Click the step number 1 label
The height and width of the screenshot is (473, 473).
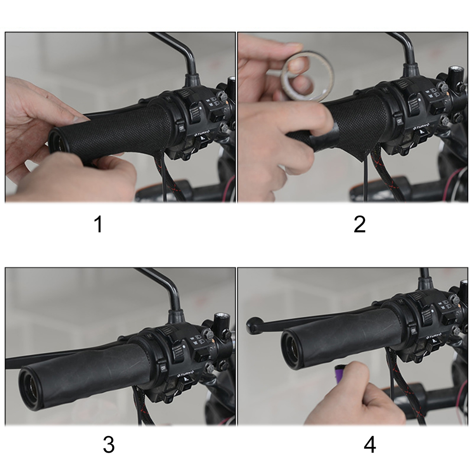[x=98, y=224]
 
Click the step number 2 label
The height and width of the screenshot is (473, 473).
[x=359, y=224]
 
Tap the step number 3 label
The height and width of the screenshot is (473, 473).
[x=108, y=445]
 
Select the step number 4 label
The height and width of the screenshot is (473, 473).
[x=369, y=445]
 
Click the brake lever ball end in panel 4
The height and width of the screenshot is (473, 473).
[x=254, y=325]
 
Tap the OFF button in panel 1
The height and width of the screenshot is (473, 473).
[x=181, y=127]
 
